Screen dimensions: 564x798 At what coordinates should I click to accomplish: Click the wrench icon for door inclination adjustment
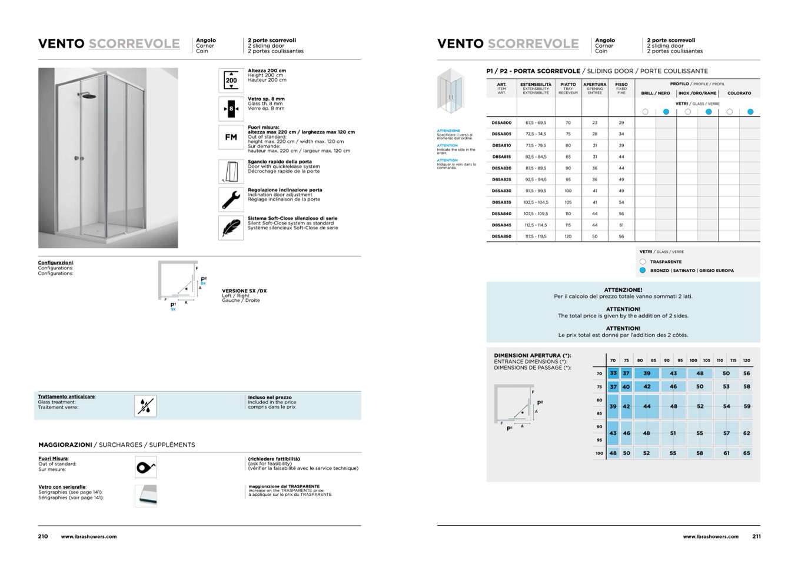(231, 199)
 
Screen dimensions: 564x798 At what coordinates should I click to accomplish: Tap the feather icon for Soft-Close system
(231, 228)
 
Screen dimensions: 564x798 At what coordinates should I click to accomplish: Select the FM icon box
(231, 137)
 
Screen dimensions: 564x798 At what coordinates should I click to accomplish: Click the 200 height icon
(231, 81)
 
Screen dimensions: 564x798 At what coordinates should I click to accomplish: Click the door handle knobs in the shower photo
(79, 158)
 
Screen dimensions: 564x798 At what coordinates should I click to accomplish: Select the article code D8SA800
(501, 123)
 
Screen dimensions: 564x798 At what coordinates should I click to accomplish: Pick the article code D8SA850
(501, 236)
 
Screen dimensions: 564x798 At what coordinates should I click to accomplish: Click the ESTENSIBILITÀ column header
(536, 85)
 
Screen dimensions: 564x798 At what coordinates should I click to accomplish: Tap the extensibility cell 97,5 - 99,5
(536, 191)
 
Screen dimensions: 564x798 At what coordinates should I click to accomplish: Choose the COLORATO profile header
(739, 93)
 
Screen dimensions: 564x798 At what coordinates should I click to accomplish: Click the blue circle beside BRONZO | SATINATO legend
(643, 271)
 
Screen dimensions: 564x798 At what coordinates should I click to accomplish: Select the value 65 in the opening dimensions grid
(746, 453)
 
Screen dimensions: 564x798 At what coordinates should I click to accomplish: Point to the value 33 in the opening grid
(613, 373)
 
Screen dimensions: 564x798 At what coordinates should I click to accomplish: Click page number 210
(43, 536)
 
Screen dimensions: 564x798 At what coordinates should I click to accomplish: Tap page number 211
(756, 536)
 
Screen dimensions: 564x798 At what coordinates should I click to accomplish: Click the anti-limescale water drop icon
(145, 406)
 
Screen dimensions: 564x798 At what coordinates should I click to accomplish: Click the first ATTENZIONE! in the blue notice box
(623, 290)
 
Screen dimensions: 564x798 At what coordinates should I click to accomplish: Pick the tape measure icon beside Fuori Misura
(145, 468)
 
